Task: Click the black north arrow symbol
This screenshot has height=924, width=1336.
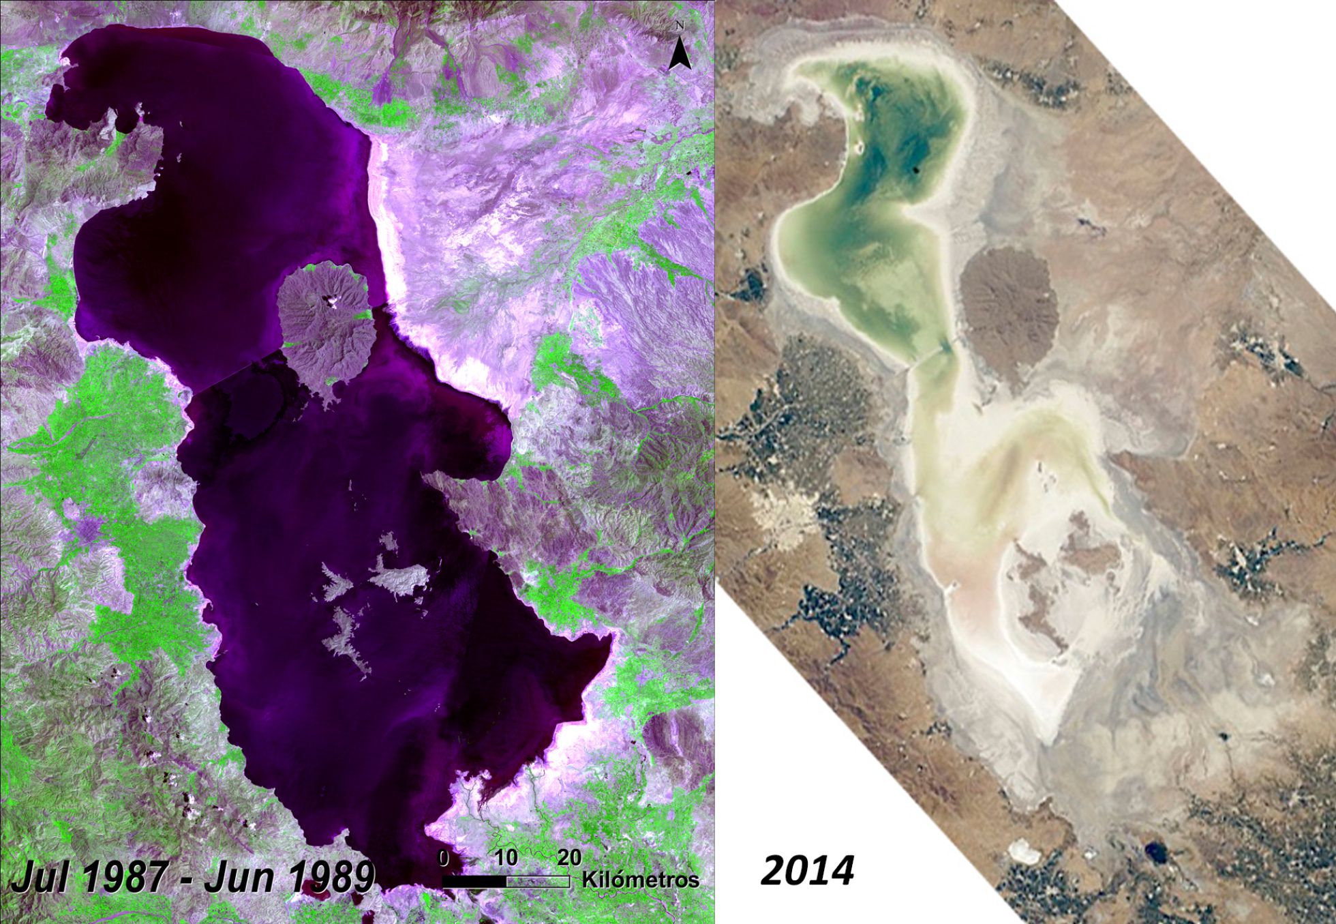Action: [x=680, y=54]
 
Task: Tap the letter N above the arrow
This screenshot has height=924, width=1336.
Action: [x=680, y=26]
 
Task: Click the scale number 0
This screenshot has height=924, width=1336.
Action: [x=444, y=858]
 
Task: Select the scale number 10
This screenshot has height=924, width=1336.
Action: [x=506, y=858]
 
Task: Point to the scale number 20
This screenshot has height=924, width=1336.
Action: [x=569, y=858]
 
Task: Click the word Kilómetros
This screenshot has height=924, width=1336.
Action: [x=640, y=880]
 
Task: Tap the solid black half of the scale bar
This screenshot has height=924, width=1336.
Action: [x=474, y=881]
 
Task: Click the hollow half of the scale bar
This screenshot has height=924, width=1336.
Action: [x=538, y=881]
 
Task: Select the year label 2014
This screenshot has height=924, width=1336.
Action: [x=807, y=871]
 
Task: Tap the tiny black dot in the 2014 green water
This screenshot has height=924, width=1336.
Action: [x=915, y=170]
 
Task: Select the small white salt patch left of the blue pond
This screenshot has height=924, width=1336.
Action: [x=1022, y=849]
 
